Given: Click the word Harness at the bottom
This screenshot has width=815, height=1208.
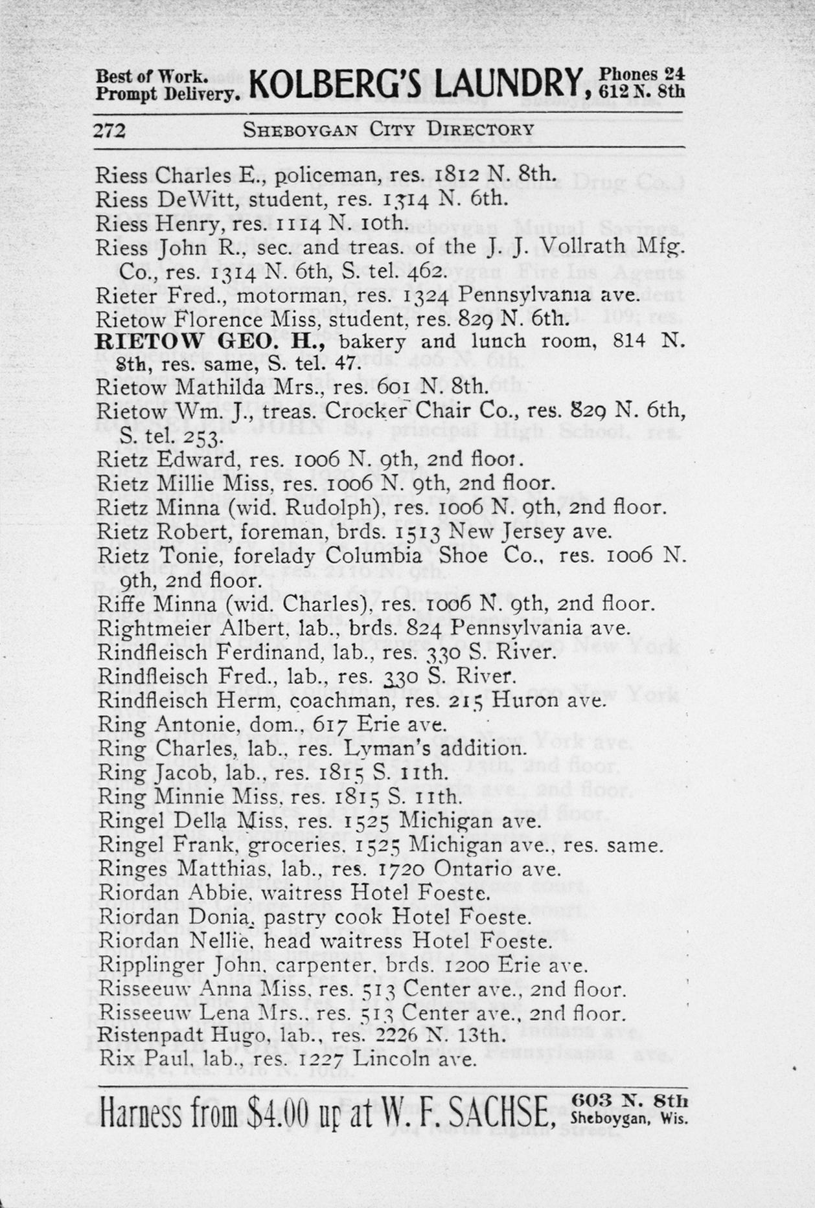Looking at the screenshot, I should tap(141, 1113).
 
